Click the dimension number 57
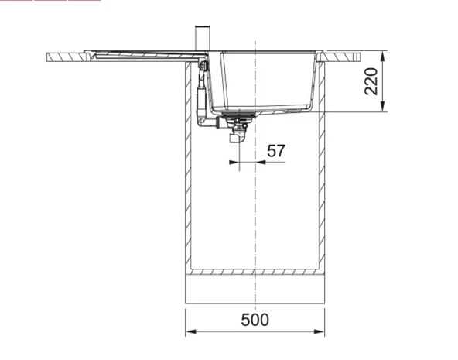click(276, 151)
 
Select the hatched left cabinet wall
click(188, 170)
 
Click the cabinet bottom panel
click(255, 272)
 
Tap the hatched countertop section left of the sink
click(70, 58)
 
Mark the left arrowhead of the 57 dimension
click(233, 163)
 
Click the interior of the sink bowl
click(267, 77)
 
